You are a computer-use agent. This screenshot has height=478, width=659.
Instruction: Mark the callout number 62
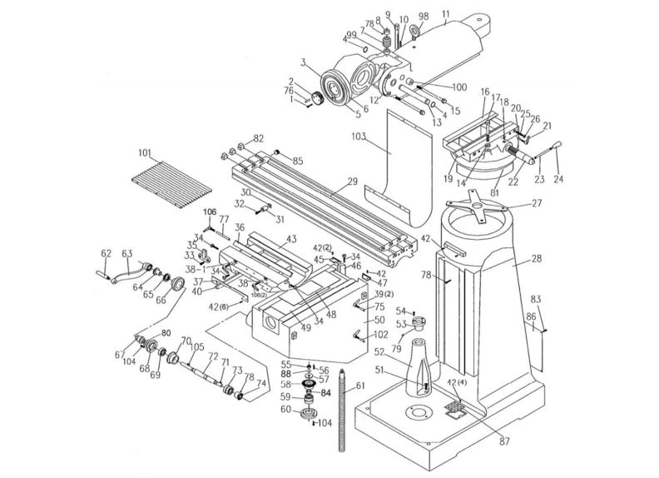(106, 253)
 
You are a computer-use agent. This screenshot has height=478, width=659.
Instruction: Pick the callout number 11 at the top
(446, 14)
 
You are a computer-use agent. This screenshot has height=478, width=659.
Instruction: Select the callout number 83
(535, 299)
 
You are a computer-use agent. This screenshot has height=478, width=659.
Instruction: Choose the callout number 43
(290, 240)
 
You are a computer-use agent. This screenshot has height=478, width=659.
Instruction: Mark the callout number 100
(459, 87)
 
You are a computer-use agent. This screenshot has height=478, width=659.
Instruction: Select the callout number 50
(379, 320)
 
